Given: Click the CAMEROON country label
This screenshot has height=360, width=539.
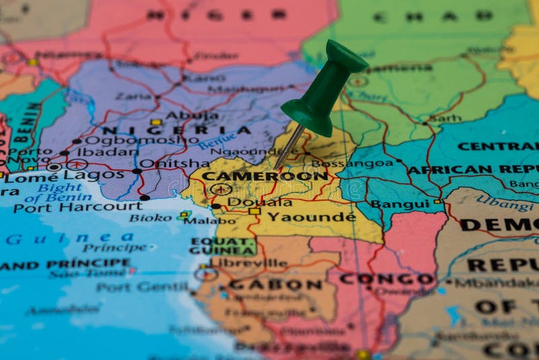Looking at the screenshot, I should point(265,176).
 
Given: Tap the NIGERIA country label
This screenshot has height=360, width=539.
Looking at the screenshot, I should point(176,130).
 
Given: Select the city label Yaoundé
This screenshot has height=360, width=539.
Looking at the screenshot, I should point(311,217).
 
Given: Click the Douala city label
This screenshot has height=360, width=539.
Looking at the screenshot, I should point(259,202).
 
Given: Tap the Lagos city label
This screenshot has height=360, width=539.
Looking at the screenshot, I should point(103,175).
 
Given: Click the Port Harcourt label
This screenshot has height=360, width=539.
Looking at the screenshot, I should point(78,206).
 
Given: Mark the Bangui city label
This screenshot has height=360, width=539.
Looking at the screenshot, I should point(400,204).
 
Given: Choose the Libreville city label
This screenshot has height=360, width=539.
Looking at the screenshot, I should point(249,263).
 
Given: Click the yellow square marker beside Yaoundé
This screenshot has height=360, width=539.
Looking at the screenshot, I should point(255,211).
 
